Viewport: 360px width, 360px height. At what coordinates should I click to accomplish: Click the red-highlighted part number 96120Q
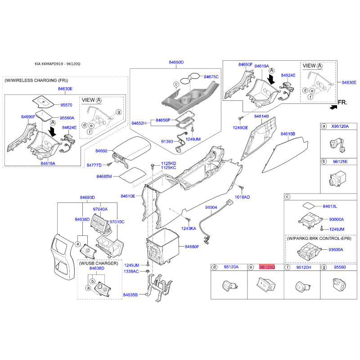click(x=267, y=267)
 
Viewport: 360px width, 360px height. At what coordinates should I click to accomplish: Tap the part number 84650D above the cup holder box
click(x=176, y=62)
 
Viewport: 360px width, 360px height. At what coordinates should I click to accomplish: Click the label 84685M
click(x=104, y=176)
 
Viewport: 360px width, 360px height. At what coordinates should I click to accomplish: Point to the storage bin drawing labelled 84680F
click(x=162, y=246)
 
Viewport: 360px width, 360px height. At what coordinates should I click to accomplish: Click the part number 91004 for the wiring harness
click(x=211, y=207)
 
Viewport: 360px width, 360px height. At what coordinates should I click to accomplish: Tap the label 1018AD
click(x=242, y=197)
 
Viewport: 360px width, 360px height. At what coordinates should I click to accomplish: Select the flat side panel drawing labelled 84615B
click(x=285, y=154)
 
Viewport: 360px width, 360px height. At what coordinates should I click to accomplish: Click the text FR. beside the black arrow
click(x=342, y=102)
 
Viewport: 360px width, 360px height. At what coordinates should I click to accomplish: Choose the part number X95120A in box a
click(x=340, y=126)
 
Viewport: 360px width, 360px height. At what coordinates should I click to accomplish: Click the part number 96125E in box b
click(x=340, y=162)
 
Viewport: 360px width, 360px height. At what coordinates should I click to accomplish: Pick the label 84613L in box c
click(x=330, y=206)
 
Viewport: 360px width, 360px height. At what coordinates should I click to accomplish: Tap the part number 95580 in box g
click(x=340, y=267)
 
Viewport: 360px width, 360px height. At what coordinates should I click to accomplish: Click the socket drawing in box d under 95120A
click(x=229, y=286)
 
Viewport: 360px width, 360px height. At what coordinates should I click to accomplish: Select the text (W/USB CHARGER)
click(x=99, y=263)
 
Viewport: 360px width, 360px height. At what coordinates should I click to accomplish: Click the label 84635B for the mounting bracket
click(x=130, y=295)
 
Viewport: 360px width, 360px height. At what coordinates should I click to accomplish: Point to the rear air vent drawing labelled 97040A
click(x=100, y=223)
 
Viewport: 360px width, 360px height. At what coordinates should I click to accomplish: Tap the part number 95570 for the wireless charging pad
click(x=66, y=105)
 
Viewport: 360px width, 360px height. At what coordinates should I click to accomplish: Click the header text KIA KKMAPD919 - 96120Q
click(x=58, y=64)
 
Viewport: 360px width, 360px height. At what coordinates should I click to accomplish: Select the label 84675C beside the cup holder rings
click(x=211, y=76)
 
